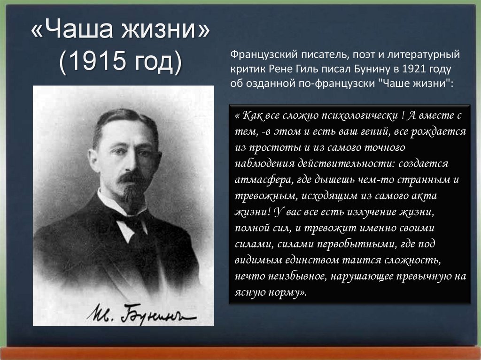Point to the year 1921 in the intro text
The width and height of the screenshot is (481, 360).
pyautogui.click(x=416, y=69)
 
